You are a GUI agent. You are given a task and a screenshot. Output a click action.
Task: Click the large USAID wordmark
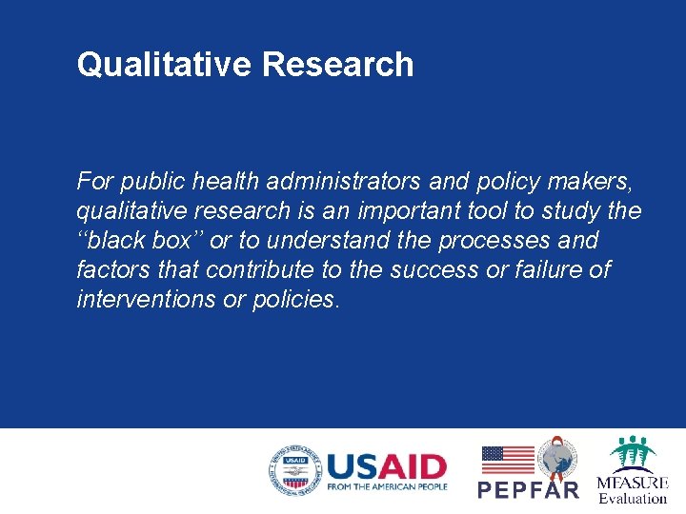click(x=386, y=466)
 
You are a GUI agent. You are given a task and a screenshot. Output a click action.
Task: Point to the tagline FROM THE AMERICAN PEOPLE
click(x=386, y=487)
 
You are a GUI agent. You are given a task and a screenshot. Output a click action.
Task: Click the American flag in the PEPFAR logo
click(x=507, y=460)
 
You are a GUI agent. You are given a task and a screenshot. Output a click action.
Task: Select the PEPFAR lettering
click(x=528, y=489)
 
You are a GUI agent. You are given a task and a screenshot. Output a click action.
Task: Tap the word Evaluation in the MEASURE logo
click(x=633, y=498)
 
